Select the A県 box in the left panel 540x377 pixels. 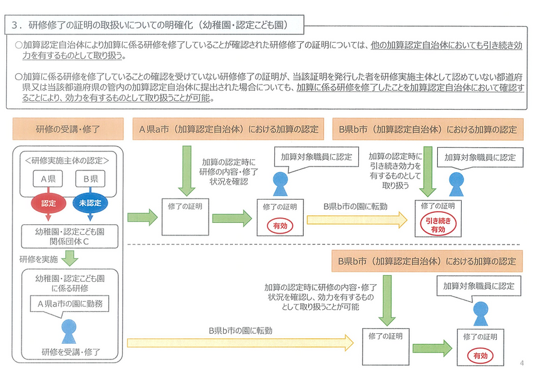48,178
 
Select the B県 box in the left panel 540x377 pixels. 90,178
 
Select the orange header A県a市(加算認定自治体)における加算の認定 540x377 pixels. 229,130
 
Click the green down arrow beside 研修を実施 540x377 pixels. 71,259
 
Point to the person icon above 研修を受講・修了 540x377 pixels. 68,329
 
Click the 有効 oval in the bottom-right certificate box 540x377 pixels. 479,355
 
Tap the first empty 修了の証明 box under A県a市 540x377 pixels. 185,217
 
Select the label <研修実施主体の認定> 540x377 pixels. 67,160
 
